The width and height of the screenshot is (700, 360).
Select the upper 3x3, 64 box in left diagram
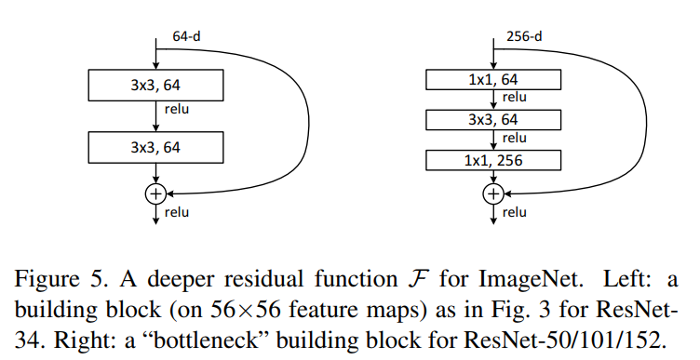click(x=155, y=87)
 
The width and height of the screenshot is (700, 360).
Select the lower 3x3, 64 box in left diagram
click(x=155, y=147)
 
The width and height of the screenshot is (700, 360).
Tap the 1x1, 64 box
click(x=493, y=79)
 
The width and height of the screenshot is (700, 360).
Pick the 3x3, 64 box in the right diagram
click(x=493, y=119)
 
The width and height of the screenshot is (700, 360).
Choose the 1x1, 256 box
click(x=493, y=160)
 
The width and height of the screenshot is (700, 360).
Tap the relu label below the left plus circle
click(x=177, y=212)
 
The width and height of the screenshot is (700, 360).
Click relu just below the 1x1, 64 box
click(x=515, y=98)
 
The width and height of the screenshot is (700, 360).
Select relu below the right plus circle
click(x=515, y=212)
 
